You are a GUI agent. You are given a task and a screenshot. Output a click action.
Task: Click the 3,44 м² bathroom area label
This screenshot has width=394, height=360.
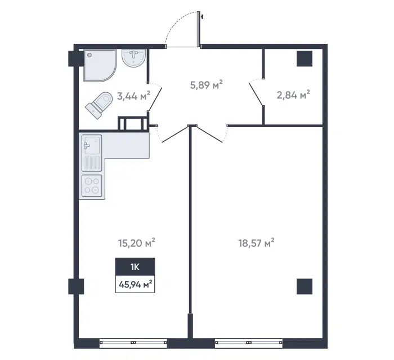point(134,96)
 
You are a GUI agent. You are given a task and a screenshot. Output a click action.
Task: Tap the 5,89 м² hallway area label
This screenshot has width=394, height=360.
point(207,85)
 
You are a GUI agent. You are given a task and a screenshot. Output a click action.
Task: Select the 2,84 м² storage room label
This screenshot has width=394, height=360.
point(293,95)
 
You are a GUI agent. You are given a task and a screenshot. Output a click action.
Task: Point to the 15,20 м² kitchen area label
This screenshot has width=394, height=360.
point(136,243)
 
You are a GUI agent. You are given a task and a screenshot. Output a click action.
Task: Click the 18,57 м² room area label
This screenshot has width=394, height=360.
point(256,243)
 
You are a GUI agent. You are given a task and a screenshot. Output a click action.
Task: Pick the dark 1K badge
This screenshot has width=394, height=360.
point(135,267)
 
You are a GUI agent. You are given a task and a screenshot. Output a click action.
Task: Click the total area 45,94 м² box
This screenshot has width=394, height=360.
point(135,284)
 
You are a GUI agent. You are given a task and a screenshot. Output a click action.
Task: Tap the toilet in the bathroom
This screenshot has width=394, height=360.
point(98,105)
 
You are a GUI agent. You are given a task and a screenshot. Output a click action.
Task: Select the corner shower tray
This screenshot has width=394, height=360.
point(100,65)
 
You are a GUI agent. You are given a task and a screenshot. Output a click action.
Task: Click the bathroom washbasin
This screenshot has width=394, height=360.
point(134,58)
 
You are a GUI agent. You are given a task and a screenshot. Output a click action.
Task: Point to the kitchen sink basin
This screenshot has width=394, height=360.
point(92,145)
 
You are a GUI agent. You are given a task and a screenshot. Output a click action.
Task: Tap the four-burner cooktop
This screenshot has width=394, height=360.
point(92,186)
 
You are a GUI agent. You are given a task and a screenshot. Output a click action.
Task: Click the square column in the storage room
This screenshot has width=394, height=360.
point(305,58)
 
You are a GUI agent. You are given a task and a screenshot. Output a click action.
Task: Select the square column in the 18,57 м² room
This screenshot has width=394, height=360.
point(305,286)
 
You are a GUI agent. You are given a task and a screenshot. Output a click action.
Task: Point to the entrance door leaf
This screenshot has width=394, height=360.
point(199,29)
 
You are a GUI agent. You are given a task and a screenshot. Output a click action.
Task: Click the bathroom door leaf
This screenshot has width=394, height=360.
point(155,99)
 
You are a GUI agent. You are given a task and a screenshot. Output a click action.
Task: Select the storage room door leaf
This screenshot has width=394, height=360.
point(256,94)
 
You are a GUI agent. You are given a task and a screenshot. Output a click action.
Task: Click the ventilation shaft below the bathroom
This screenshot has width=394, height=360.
point(133,124)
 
